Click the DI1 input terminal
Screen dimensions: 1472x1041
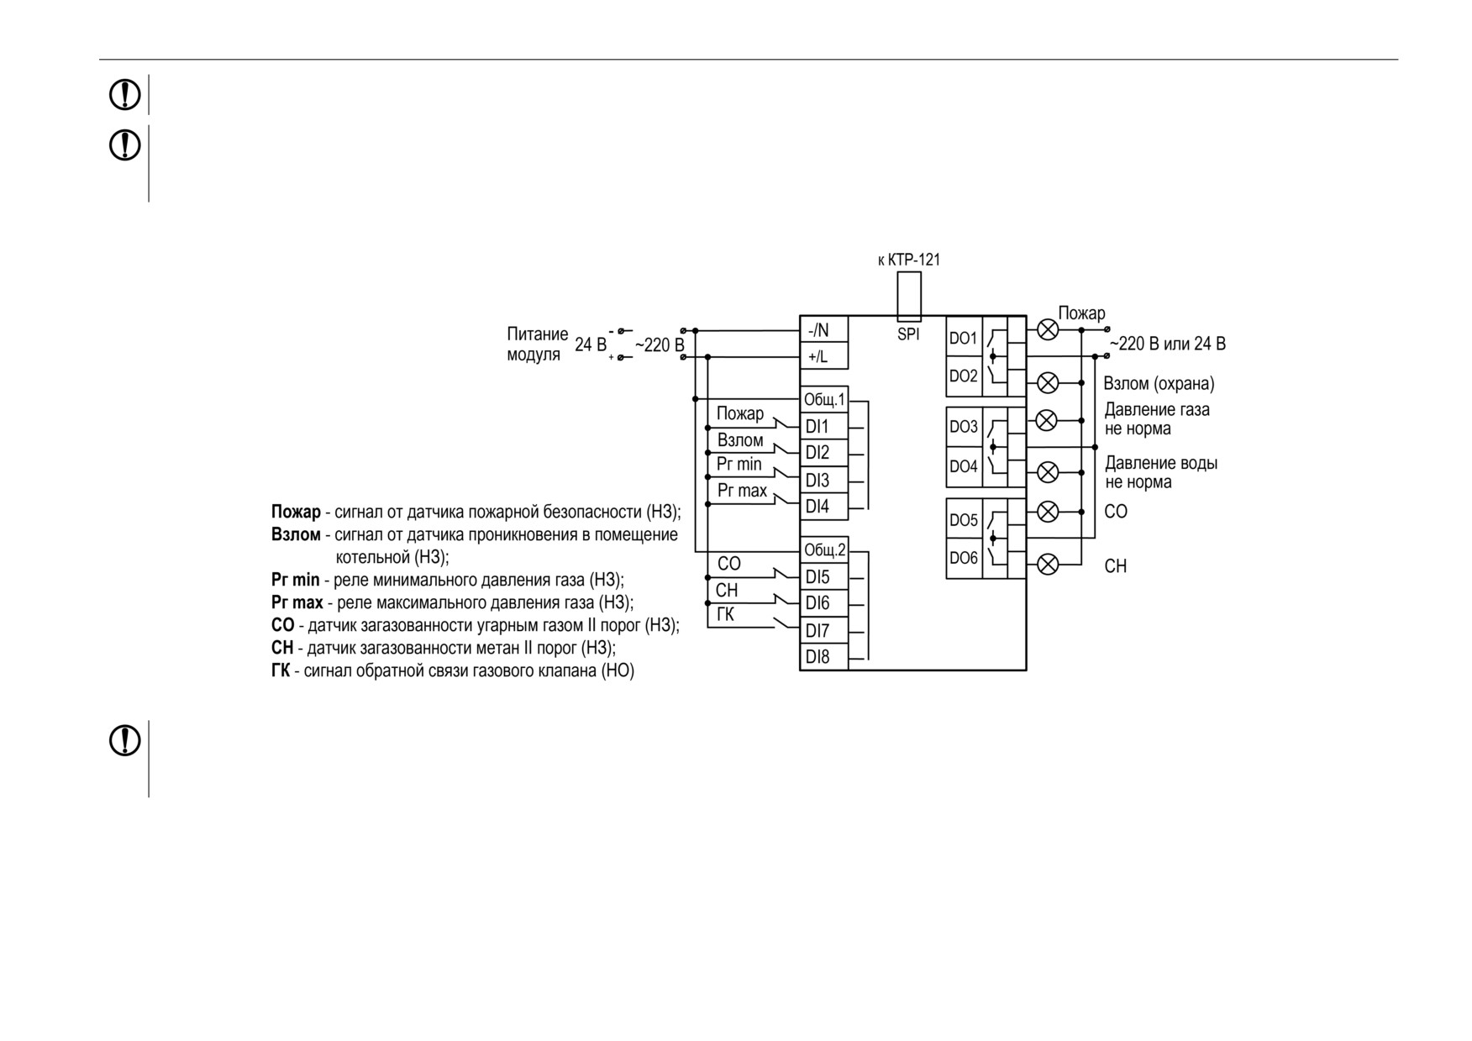click(x=823, y=426)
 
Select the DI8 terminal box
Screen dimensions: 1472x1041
click(x=823, y=657)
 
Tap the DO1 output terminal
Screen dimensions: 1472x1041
click(x=964, y=338)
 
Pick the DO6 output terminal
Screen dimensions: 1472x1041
click(x=964, y=558)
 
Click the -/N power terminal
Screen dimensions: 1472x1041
click(x=823, y=330)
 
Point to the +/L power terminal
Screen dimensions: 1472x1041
click(x=823, y=356)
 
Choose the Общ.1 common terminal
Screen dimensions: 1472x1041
click(x=823, y=399)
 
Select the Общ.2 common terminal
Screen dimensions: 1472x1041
click(x=823, y=550)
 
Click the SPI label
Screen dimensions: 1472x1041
click(x=908, y=334)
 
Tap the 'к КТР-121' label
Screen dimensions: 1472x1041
click(x=909, y=260)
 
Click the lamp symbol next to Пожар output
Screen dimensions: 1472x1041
click(x=1048, y=329)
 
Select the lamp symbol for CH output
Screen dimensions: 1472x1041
click(x=1048, y=564)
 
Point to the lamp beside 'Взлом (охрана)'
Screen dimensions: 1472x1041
click(x=1048, y=383)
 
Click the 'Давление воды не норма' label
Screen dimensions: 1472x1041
click(x=1161, y=472)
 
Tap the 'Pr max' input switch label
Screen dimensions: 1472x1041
click(x=742, y=491)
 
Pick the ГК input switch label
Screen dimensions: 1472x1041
click(x=726, y=615)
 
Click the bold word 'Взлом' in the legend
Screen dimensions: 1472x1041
click(x=296, y=535)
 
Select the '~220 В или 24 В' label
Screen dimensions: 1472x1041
click(x=1168, y=344)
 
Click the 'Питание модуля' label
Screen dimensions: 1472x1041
click(x=538, y=344)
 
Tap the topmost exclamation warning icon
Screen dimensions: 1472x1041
click(x=125, y=95)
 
